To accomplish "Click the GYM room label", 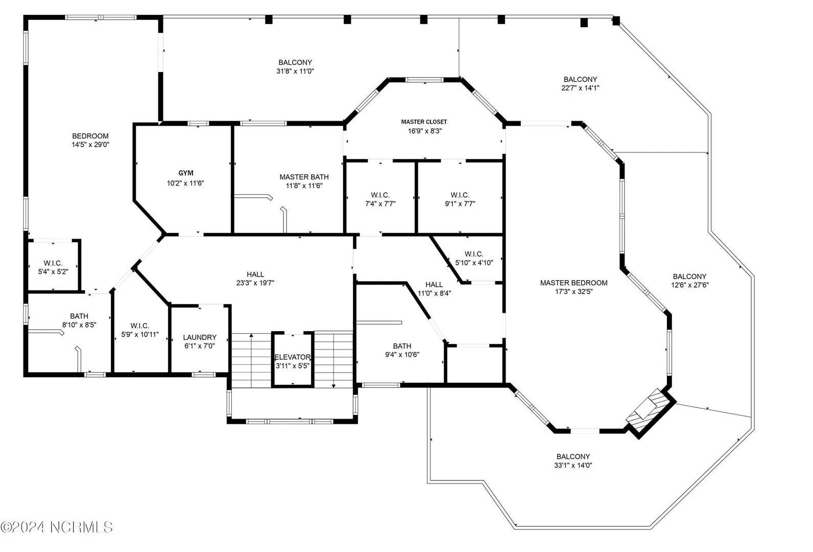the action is coord(186,173).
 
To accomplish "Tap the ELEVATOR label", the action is coord(293,357).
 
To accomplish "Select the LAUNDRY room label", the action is coord(200,337).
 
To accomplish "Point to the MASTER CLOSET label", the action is coord(424,122).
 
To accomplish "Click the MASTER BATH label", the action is coord(304,177).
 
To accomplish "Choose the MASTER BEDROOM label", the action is coord(574,283).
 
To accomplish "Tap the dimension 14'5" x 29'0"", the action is coord(90,145).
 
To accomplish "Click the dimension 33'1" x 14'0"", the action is coord(573,465).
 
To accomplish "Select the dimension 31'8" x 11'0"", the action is coord(295,71).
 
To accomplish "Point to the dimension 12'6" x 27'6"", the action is coord(689,285).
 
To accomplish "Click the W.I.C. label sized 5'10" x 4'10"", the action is coord(474,254).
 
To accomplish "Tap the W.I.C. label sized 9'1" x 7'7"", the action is coord(460,195).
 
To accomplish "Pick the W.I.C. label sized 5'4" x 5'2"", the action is coord(53,263).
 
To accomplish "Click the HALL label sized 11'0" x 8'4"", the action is coord(434,285).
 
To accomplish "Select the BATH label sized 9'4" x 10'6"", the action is coord(402,346).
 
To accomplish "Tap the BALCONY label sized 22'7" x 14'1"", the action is coord(580,79).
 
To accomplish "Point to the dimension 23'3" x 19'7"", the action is coord(255,283).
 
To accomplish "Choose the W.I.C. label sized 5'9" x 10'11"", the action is coord(140,326).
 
